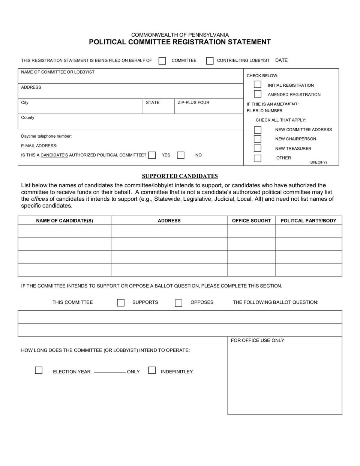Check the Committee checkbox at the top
(x=162, y=61)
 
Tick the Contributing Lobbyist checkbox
(x=210, y=61)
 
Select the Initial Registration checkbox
(x=258, y=84)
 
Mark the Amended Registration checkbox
(x=258, y=94)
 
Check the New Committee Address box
(x=258, y=130)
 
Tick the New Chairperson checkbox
(x=258, y=139)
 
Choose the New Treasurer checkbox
(x=258, y=148)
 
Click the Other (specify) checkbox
(x=258, y=158)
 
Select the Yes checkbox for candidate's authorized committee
(x=152, y=155)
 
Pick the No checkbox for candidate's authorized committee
(x=181, y=155)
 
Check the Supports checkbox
(x=121, y=302)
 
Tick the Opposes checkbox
(x=178, y=303)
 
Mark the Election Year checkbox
(x=39, y=370)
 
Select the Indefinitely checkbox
(x=152, y=370)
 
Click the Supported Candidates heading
(x=180, y=176)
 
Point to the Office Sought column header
(x=251, y=221)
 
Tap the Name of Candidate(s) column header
(x=64, y=221)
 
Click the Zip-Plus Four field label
(x=193, y=102)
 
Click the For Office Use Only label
(x=258, y=340)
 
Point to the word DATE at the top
(x=281, y=60)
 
